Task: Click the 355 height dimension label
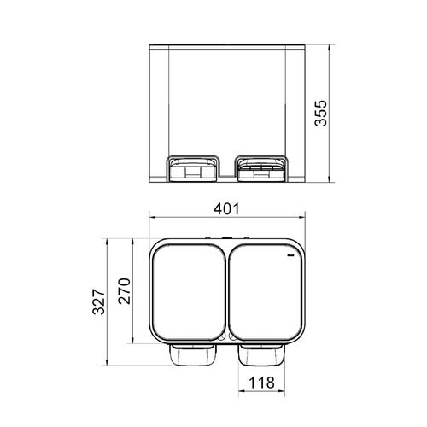point(321,113)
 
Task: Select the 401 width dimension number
point(226,209)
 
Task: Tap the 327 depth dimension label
point(98,301)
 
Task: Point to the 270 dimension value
point(125,291)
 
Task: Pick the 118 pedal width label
point(262,383)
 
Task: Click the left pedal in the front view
point(192,169)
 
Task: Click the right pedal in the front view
point(261,169)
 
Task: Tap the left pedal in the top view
point(193,354)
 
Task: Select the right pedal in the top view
point(261,354)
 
